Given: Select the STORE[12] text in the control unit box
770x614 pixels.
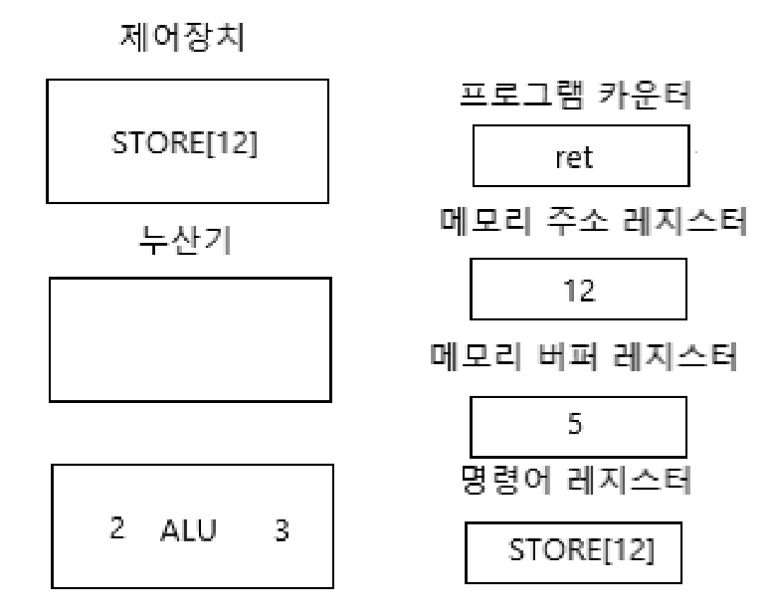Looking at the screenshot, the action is tap(187, 143).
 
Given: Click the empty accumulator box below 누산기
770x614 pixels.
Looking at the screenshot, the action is tap(189, 339).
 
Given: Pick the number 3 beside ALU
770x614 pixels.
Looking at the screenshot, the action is tap(282, 531).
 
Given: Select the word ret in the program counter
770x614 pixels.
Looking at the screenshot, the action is tap(582, 159).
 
